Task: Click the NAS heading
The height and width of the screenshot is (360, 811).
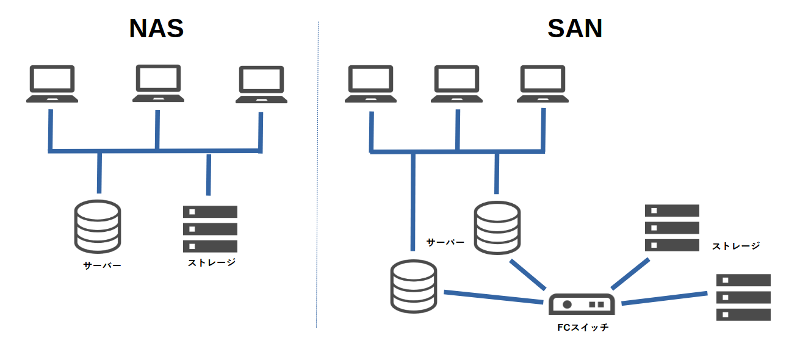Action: pyautogui.click(x=156, y=29)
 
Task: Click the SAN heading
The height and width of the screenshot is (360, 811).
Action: pyautogui.click(x=575, y=29)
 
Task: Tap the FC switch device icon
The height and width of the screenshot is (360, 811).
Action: pyautogui.click(x=581, y=303)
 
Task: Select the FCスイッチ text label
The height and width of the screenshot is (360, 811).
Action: pyautogui.click(x=583, y=328)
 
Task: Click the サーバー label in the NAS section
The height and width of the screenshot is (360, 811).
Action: pyautogui.click(x=102, y=265)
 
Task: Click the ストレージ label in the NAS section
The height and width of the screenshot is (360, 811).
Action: pyautogui.click(x=211, y=263)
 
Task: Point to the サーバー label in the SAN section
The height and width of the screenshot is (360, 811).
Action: pyautogui.click(x=445, y=242)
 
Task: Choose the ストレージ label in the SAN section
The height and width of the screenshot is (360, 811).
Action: pyautogui.click(x=736, y=246)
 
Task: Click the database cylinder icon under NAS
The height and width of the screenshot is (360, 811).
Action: pyautogui.click(x=97, y=226)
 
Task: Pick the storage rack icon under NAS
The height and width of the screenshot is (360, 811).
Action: pyautogui.click(x=210, y=229)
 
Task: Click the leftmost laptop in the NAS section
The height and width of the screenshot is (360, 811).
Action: pyautogui.click(x=52, y=84)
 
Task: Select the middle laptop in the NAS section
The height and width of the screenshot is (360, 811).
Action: pyautogui.click(x=158, y=83)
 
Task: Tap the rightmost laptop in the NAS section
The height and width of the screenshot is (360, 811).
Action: pyautogui.click(x=261, y=85)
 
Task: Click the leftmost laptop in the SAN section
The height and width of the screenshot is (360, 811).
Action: pyautogui.click(x=370, y=84)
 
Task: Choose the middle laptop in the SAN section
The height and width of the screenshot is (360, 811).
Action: pyautogui.click(x=456, y=84)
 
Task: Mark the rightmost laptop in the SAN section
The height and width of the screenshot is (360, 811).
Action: pyautogui.click(x=542, y=84)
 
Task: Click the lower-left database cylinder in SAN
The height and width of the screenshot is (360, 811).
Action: pyautogui.click(x=414, y=286)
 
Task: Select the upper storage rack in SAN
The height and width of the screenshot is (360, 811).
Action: pyautogui.click(x=672, y=228)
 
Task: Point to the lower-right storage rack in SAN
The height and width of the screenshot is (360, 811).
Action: pyautogui.click(x=743, y=297)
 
